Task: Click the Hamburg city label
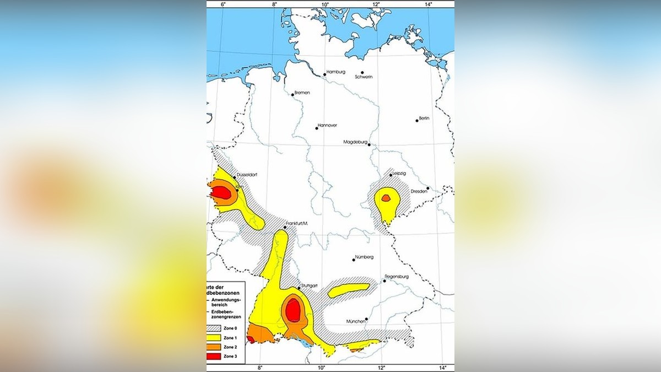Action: point(335,72)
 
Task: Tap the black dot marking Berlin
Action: point(417,120)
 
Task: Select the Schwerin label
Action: point(364,77)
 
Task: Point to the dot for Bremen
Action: point(293,95)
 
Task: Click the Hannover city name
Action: point(327,125)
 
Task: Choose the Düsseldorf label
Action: point(247,175)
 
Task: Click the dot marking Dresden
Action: point(427,188)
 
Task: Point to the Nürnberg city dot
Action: point(354,260)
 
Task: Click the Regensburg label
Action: point(396,276)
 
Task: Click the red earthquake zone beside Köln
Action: point(221,192)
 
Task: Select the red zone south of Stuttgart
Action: point(294,309)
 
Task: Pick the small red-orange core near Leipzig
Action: point(386,197)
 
